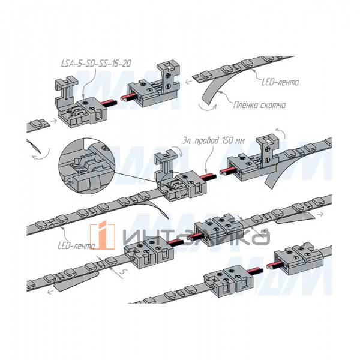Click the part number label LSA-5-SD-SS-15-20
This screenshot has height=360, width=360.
click(97, 63)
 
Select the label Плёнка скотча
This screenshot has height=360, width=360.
click(259, 106)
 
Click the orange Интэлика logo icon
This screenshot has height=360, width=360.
click(102, 236)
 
